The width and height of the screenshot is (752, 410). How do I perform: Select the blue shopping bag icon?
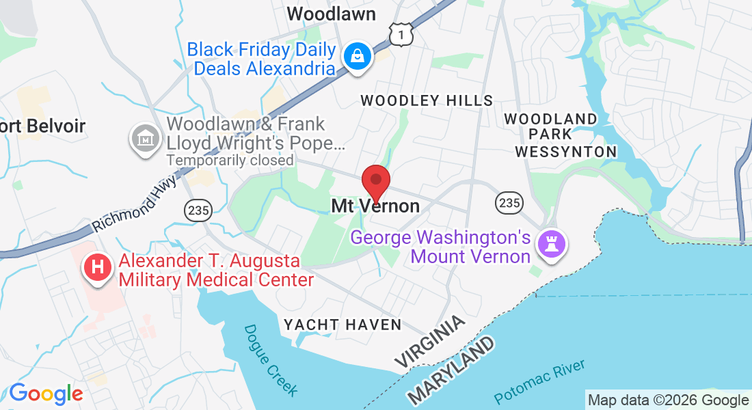click(358, 57)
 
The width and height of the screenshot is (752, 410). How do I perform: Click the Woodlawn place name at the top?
click(331, 14)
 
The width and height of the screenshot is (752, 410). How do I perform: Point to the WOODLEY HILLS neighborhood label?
click(427, 100)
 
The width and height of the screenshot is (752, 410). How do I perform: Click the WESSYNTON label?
click(565, 151)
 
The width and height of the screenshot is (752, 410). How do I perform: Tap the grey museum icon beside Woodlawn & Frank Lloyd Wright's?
click(145, 139)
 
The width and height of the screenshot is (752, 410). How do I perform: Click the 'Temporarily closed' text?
click(230, 161)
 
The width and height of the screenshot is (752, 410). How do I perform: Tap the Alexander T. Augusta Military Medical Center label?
click(216, 271)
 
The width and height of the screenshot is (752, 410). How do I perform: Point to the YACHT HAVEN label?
click(343, 325)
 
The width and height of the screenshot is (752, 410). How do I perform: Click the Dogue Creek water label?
click(271, 360)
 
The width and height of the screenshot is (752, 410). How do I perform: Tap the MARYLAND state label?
click(451, 369)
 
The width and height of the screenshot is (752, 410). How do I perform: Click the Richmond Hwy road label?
click(135, 204)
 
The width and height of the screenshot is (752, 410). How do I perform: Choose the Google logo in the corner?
click(46, 394)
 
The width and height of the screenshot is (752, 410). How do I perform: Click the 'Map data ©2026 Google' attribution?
click(668, 400)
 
